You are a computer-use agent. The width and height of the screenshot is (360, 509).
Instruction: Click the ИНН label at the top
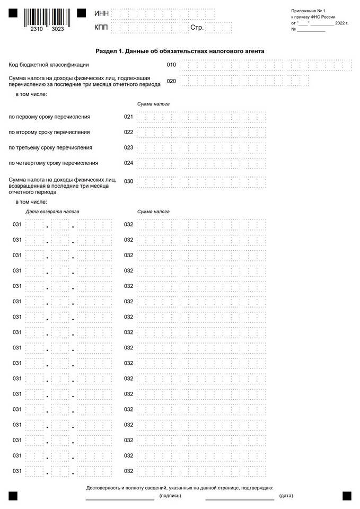(101, 13)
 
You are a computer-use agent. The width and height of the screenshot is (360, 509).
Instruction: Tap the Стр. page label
(197, 28)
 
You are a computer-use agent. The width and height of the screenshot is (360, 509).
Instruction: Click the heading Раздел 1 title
(180, 51)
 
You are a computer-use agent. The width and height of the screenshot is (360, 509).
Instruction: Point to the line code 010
(171, 65)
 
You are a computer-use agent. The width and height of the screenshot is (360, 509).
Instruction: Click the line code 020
(171, 81)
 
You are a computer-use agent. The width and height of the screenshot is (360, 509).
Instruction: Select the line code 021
(128, 117)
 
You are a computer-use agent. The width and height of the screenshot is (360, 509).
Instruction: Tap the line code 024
(128, 163)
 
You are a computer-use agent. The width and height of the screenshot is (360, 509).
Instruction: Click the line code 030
(128, 181)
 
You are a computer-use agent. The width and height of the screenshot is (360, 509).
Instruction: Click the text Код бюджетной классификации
(49, 65)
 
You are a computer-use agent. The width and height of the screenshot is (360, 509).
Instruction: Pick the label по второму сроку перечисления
(49, 132)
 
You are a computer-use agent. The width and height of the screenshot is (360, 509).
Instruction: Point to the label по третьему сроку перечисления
(50, 147)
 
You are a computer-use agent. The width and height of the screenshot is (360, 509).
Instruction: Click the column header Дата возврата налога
(52, 212)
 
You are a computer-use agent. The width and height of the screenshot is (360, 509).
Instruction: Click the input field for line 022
(201, 132)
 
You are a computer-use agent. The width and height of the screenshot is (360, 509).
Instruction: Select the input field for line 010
(266, 65)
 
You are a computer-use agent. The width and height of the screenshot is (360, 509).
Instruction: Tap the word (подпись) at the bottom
(170, 496)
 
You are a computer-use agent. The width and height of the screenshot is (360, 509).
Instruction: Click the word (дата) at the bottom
(286, 496)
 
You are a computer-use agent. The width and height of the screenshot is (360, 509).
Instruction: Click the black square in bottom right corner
(347, 496)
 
